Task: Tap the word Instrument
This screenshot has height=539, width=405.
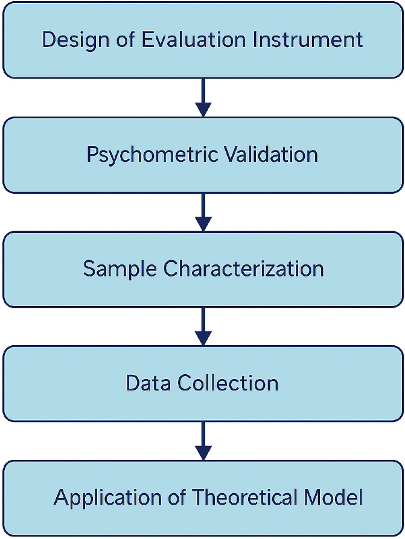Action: pos(307,40)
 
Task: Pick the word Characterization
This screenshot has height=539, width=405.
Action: pos(244,269)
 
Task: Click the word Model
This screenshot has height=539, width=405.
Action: pos(334,498)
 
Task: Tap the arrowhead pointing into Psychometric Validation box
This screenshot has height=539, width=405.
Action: pos(203,109)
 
